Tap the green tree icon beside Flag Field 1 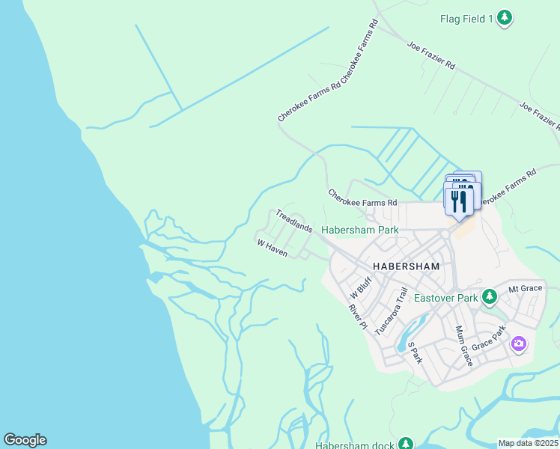pyautogui.click(x=505, y=17)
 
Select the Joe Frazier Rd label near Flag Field pyautogui.click(x=431, y=56)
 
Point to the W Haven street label pyautogui.click(x=273, y=249)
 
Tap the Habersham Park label pyautogui.click(x=360, y=230)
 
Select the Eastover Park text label pyautogui.click(x=446, y=298)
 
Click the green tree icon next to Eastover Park pyautogui.click(x=489, y=298)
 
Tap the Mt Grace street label pyautogui.click(x=525, y=288)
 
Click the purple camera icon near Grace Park pyautogui.click(x=518, y=345)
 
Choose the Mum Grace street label pyautogui.click(x=463, y=346)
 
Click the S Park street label pyautogui.click(x=415, y=352)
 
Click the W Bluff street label pyautogui.click(x=361, y=287)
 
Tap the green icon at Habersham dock pyautogui.click(x=406, y=444)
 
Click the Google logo pyautogui.click(x=25, y=440)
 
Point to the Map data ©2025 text pyautogui.click(x=529, y=443)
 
